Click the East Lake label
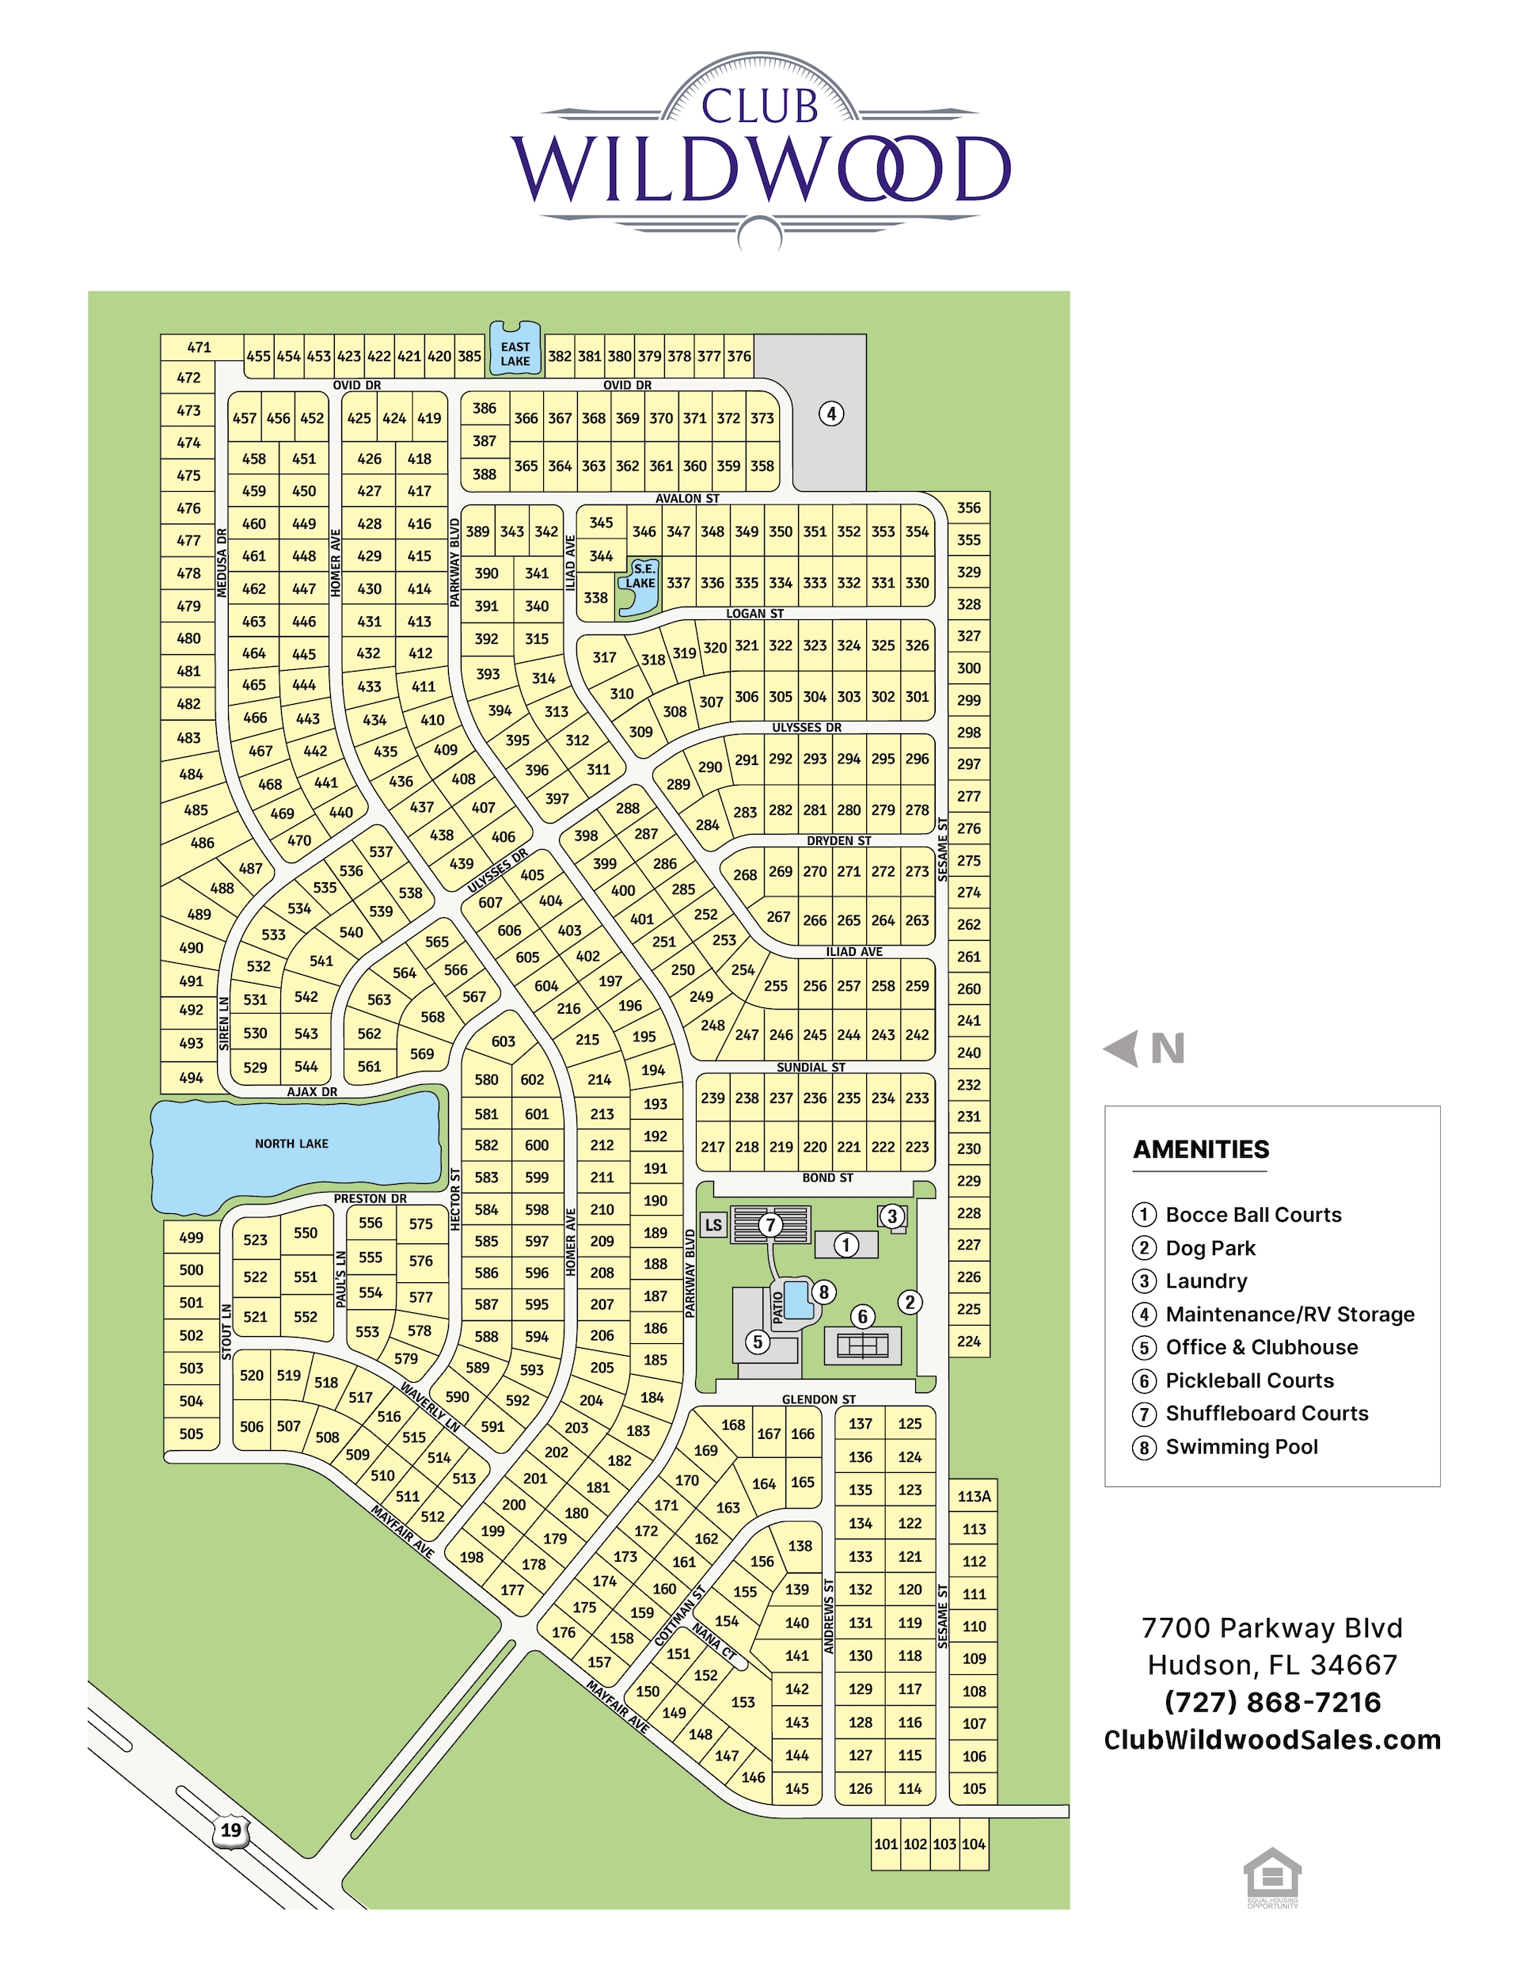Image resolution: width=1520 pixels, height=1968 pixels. point(515,353)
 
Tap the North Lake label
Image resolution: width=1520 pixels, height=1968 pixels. point(291,1144)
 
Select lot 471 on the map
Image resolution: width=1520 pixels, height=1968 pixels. point(199,347)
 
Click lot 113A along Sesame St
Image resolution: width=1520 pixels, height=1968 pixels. point(974,1496)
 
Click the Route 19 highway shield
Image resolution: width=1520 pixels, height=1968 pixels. point(230,1830)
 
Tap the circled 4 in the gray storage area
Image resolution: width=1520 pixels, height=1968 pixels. point(830,413)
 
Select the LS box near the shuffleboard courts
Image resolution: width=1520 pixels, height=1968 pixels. point(713,1224)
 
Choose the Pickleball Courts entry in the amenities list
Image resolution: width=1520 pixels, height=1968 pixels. point(1248,1380)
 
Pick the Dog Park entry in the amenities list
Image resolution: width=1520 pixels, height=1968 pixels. point(1209,1247)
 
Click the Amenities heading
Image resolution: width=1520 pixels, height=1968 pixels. point(1200,1149)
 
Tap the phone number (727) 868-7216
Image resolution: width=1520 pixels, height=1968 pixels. point(1272,1701)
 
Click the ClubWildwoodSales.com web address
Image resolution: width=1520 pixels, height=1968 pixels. point(1272,1739)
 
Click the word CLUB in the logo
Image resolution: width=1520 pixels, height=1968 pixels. point(759,106)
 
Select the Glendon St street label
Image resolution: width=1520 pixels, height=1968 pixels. point(818,1399)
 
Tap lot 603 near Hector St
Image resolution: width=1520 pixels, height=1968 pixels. point(503,1041)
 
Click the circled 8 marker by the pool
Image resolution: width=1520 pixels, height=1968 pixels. point(823,1291)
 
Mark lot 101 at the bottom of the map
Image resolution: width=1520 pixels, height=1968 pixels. point(886,1844)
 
